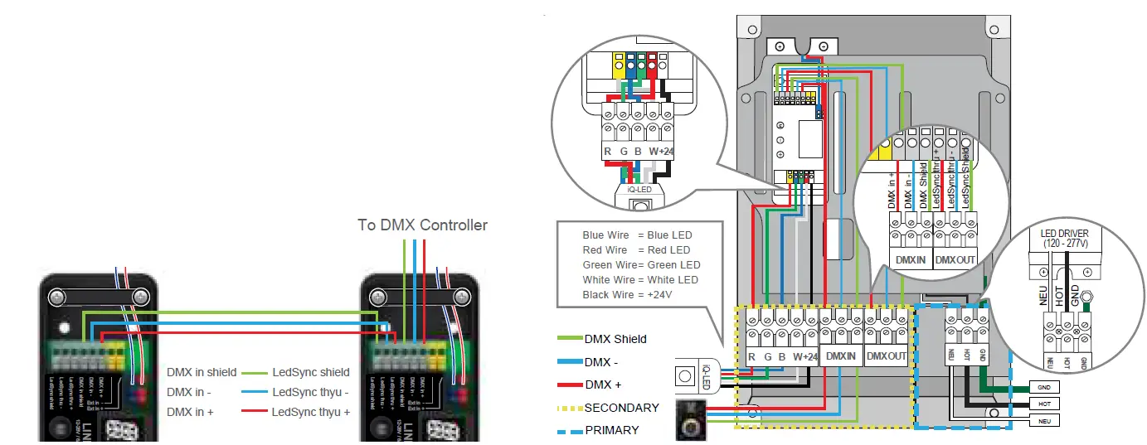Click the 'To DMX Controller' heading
[x=422, y=225]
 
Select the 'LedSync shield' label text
[x=310, y=372]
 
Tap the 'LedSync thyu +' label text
[x=311, y=412]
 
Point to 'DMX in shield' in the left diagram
[x=202, y=372]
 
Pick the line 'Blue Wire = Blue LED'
[x=637, y=235]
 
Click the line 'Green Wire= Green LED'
[x=641, y=265]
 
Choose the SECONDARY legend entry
[x=621, y=408]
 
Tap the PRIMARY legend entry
[x=611, y=430]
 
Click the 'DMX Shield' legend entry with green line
[x=615, y=339]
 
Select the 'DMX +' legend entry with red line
[x=602, y=385]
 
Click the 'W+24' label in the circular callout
[x=662, y=152]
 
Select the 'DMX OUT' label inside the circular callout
[x=955, y=259]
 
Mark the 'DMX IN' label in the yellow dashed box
[x=841, y=356]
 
